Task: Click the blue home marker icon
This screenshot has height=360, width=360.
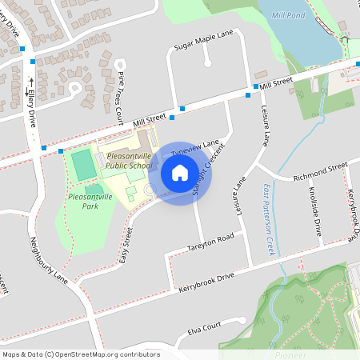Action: click(x=180, y=173)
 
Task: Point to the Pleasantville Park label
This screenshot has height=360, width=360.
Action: click(x=90, y=201)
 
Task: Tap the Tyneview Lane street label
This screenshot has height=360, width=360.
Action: click(x=196, y=147)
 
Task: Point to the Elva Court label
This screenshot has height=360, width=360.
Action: click(x=203, y=328)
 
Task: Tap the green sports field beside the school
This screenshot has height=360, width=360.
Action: click(x=82, y=166)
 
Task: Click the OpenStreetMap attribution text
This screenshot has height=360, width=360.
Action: click(x=80, y=354)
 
